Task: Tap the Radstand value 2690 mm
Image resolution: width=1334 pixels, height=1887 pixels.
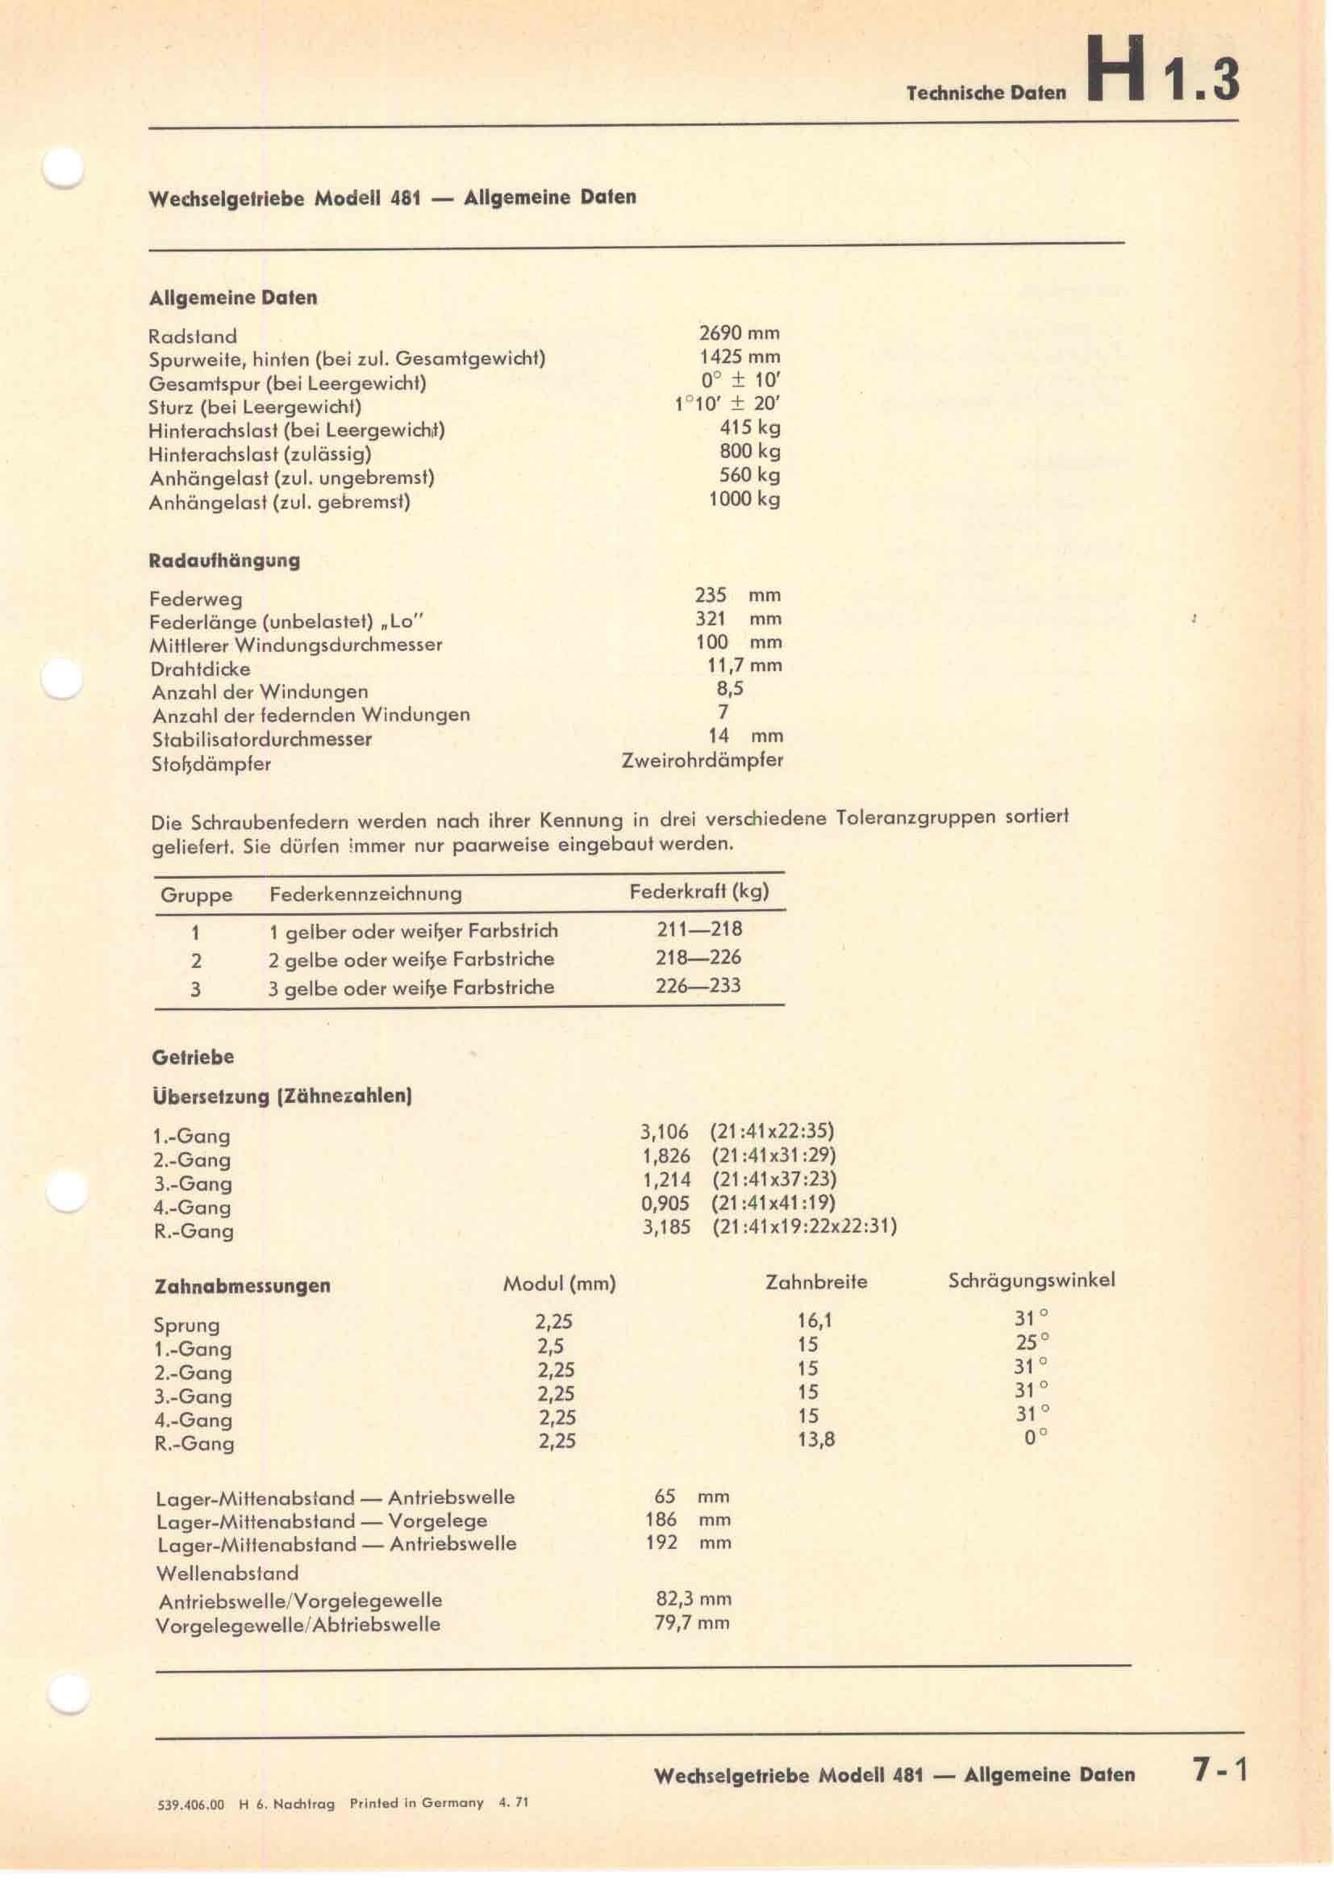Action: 739,333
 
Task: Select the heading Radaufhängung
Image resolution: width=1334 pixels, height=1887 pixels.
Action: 224,561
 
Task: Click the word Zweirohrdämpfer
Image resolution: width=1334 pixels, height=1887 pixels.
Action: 702,760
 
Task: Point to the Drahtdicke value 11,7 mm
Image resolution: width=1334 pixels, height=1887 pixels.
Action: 744,666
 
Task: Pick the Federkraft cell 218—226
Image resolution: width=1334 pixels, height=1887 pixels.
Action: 698,958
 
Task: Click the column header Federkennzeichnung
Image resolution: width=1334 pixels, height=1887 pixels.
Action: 365,893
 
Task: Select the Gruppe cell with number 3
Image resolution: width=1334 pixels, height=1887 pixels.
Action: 195,989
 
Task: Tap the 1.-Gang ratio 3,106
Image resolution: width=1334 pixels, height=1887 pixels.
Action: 664,1132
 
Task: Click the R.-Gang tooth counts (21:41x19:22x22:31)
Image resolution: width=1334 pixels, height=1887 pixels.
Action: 804,1227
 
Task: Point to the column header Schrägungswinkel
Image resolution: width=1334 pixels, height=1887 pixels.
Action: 1031,1280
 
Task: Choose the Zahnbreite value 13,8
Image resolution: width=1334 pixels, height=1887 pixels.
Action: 815,1440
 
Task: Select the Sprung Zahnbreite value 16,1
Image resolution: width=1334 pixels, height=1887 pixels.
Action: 814,1321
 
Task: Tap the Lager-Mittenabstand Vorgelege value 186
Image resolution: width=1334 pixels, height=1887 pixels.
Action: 661,1520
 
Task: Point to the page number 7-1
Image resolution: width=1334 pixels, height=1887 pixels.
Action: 1219,1770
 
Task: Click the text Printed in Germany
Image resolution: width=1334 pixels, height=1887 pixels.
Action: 416,1802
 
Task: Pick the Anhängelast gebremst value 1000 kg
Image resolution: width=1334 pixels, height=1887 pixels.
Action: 744,499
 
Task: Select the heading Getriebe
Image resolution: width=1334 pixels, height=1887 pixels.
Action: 193,1057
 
